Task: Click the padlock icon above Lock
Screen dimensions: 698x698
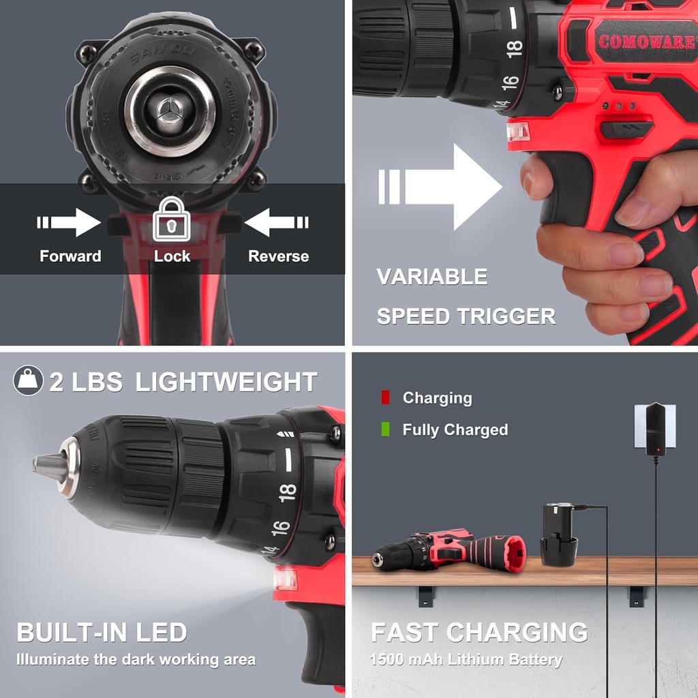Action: click(170, 219)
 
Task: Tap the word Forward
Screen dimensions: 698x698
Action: click(70, 256)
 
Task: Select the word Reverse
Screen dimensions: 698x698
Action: click(278, 256)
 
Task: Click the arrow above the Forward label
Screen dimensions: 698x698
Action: click(70, 222)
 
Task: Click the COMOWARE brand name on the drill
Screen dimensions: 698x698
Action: click(647, 41)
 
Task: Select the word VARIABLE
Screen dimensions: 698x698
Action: click(432, 277)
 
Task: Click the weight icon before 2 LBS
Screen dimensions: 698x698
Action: click(28, 381)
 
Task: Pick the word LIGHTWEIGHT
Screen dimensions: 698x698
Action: click(226, 382)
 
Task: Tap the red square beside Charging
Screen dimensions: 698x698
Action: click(385, 397)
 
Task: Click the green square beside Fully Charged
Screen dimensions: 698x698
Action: click(385, 429)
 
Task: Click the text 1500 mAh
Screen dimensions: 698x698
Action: click(402, 660)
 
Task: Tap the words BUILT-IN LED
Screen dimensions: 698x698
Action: click(102, 633)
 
